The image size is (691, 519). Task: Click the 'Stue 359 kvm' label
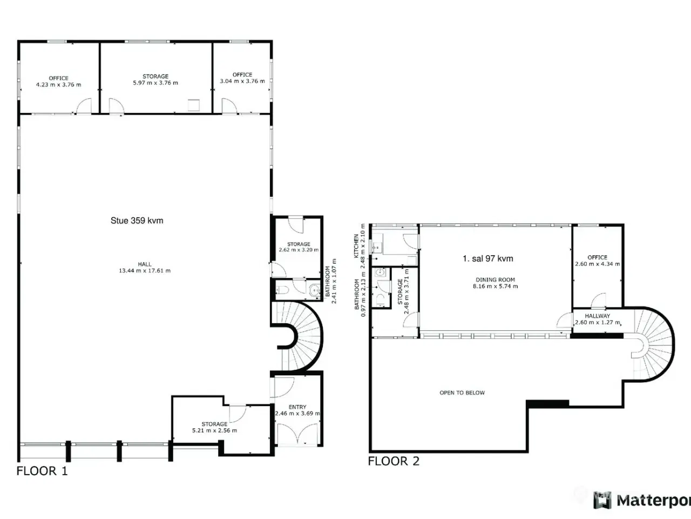coord(137,221)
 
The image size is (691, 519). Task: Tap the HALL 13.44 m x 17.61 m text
coord(145,267)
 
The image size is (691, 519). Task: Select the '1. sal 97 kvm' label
coord(487,259)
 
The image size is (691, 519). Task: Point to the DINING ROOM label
coord(495,280)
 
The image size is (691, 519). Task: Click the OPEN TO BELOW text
coord(462,392)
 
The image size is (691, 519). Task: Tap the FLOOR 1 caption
coord(42,471)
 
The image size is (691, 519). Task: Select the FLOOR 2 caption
coord(394,461)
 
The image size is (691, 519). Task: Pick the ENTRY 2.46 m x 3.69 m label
coord(297,410)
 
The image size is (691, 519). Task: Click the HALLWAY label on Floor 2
coord(598,316)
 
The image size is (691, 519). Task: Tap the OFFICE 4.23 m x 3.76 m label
coord(58,81)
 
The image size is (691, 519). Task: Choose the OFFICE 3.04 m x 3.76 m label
coord(242,78)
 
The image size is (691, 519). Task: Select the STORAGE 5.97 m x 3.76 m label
coord(155,79)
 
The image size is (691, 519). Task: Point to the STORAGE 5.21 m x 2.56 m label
coord(215,427)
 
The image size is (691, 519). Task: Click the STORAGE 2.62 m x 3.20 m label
coord(299,247)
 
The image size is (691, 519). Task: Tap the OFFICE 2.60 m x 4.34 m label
coord(598,261)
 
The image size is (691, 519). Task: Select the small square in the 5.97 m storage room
coord(194,105)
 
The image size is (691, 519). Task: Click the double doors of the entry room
coord(297,434)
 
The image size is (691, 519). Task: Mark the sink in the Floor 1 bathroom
coord(315,290)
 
